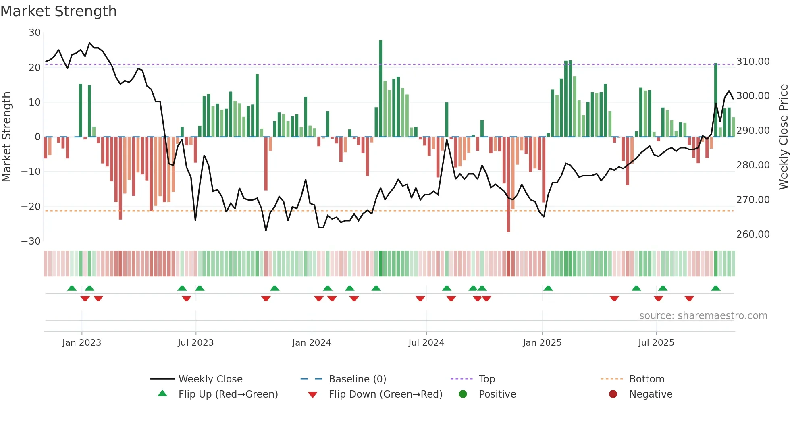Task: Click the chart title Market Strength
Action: tap(58, 11)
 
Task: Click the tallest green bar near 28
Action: tap(380, 89)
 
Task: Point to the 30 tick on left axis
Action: tap(35, 33)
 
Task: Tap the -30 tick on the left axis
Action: tap(31, 241)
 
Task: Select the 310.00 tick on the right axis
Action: tap(753, 62)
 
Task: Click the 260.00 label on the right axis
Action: tap(753, 234)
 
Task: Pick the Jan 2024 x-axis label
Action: tap(312, 343)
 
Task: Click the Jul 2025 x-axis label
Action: tap(656, 343)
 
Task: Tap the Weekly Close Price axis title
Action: tap(783, 137)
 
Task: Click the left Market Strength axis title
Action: tap(7, 137)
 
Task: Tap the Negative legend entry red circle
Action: tap(613, 394)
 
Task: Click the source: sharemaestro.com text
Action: tap(703, 316)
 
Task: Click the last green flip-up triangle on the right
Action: tap(716, 288)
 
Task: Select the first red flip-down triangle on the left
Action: tap(85, 299)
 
